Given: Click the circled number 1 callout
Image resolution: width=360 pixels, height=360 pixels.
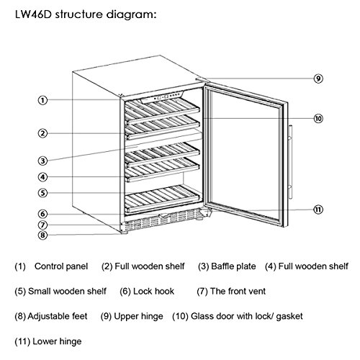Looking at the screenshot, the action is coord(42,100).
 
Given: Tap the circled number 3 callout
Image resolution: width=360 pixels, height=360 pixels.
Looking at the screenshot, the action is coord(42,161).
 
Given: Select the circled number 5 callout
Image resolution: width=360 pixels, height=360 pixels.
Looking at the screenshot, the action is coord(42,193).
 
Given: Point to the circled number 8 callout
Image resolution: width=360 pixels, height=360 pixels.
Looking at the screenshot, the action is coord(42,235).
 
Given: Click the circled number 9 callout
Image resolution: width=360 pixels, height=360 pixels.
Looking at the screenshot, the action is coord(318,78).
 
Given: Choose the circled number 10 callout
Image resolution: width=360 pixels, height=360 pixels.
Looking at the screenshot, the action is coord(318,118).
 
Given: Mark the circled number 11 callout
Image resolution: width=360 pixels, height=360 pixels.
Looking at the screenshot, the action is coord(318,210).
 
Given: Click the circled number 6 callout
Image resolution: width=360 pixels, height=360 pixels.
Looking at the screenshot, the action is coord(42,214).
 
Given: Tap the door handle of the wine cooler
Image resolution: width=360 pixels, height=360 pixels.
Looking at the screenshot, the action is coord(290,162).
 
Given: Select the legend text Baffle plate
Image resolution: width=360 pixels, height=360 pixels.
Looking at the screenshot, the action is coord(233,266).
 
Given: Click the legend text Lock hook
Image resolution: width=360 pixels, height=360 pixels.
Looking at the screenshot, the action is coord(153,292).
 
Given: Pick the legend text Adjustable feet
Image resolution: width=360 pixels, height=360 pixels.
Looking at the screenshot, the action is coord(58,316).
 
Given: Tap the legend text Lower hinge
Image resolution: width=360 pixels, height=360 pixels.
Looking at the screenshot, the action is coord(57,341).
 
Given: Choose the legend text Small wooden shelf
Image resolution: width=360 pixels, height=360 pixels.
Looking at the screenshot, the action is coord(67,292).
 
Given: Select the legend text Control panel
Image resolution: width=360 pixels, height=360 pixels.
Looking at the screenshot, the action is coord(61,266).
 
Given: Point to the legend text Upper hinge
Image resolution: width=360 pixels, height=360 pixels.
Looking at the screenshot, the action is coord(139,316).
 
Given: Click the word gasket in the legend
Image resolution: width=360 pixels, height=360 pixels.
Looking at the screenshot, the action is coord(289,317).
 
